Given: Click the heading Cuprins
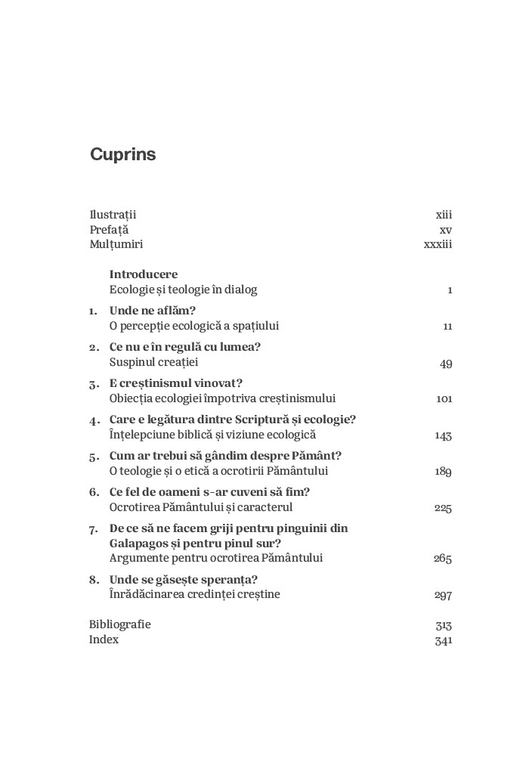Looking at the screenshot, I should point(122,155).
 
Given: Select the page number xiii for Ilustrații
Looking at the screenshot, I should point(444,215).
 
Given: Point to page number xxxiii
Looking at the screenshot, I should point(438,245).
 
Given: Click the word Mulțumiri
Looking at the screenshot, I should point(116,244).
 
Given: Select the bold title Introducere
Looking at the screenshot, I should point(144,274).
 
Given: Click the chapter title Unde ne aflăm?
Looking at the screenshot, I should point(153,311).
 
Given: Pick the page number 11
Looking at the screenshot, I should point(447,327).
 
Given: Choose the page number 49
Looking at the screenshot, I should point(446,364).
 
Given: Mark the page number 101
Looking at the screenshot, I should point(444,399).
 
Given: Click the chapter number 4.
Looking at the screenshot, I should point(93,420).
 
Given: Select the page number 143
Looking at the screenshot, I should point(443,436).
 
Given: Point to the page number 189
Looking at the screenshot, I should point(443,472).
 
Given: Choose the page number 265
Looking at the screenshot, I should point(443,559).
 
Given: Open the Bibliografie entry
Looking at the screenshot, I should point(120,624).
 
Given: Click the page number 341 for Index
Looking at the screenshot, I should point(444,640).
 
